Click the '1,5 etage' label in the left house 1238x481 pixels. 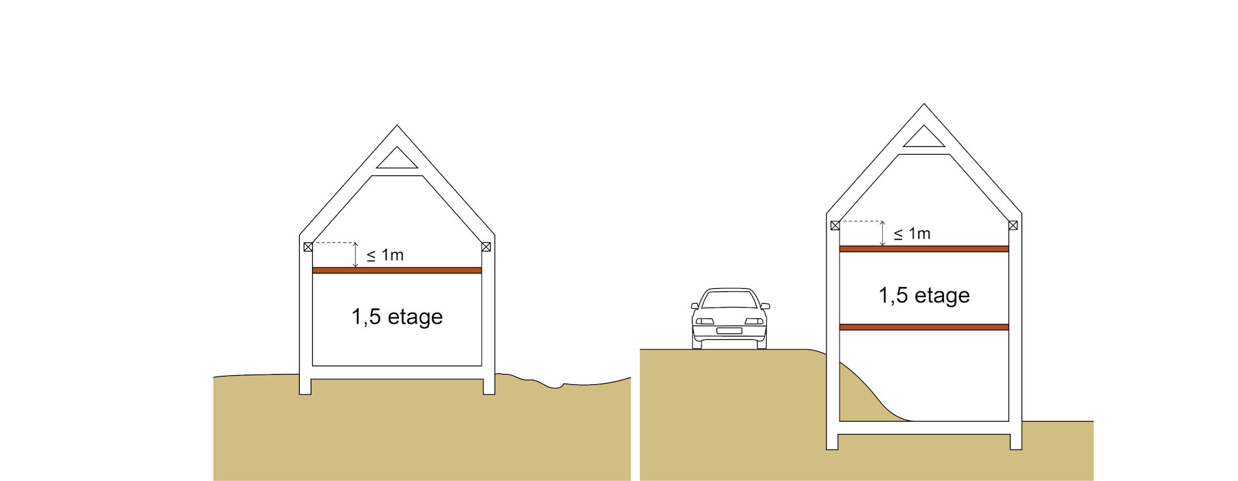point(397,317)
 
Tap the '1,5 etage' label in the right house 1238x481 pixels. point(924,295)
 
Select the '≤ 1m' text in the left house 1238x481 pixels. point(385,255)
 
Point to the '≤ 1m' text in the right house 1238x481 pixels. point(912,234)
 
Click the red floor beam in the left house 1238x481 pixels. point(397,270)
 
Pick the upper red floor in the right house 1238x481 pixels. point(924,249)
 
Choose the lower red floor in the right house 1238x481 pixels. point(924,328)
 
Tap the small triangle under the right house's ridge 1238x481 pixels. point(924,137)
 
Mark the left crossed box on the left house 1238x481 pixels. point(308,247)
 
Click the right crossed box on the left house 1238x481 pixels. point(486,247)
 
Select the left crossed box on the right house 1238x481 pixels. point(835,226)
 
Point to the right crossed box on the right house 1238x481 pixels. point(1013,226)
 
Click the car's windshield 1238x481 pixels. point(729,300)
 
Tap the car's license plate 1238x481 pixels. point(729,331)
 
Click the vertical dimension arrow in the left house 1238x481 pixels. point(355,255)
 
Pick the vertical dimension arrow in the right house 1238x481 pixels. point(882,233)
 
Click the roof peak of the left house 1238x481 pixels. point(397,125)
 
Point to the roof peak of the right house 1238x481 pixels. point(924,104)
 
